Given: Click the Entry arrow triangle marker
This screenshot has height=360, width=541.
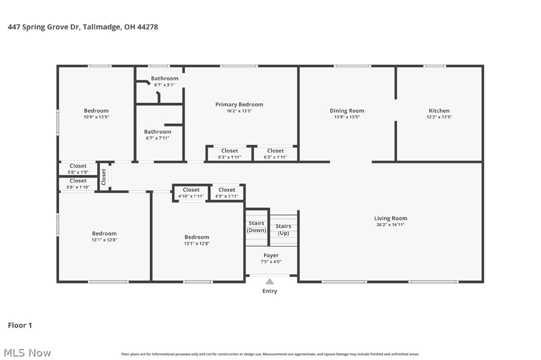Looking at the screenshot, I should pyautogui.click(x=270, y=282).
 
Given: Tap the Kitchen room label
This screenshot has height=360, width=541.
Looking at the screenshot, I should pyautogui.click(x=439, y=111).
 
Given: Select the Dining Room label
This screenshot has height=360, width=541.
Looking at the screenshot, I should pyautogui.click(x=347, y=111).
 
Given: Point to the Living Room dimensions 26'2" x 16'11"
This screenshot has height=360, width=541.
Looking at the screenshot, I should pyautogui.click(x=391, y=225).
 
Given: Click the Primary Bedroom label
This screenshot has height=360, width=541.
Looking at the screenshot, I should pyautogui.click(x=239, y=104).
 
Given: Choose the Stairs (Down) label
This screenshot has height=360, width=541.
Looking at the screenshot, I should pyautogui.click(x=257, y=227).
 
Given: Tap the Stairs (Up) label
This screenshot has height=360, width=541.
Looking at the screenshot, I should pyautogui.click(x=283, y=230).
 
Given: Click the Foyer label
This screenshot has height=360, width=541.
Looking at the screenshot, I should pyautogui.click(x=271, y=255).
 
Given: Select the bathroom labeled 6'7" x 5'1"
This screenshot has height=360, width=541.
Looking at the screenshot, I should pyautogui.click(x=164, y=81).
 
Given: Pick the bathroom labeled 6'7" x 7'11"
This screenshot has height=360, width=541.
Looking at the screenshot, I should pyautogui.click(x=157, y=135).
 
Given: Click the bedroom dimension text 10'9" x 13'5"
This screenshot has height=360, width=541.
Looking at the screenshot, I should pyautogui.click(x=96, y=117).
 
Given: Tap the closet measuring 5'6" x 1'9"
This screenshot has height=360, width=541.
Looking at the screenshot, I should pyautogui.click(x=78, y=169).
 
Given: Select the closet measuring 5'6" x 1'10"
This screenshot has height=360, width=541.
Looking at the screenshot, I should pyautogui.click(x=78, y=183).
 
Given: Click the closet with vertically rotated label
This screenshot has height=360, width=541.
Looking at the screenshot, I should pyautogui.click(x=104, y=177).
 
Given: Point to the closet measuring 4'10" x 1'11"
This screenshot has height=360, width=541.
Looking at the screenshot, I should pyautogui.click(x=191, y=193).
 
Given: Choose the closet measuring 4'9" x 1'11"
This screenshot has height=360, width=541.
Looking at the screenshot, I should pyautogui.click(x=227, y=193).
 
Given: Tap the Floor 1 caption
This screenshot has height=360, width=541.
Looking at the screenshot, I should pyautogui.click(x=20, y=325).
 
